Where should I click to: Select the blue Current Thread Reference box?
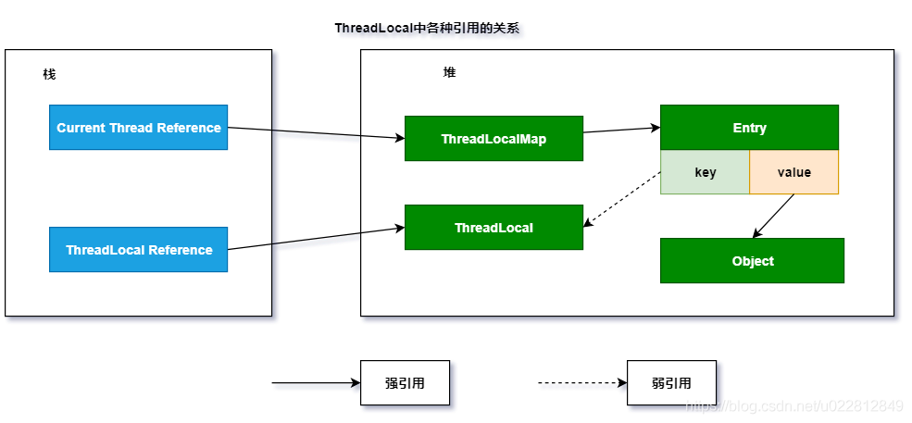(x=138, y=128)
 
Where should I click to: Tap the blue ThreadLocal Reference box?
(x=138, y=250)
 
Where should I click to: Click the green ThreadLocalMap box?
(x=493, y=139)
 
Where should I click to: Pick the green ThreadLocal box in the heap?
(x=493, y=228)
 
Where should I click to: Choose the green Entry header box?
(x=749, y=128)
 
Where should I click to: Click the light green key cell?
(x=705, y=172)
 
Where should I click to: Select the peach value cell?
(x=793, y=172)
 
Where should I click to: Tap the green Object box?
(x=752, y=261)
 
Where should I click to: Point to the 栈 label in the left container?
(x=49, y=74)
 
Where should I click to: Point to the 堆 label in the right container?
(x=449, y=72)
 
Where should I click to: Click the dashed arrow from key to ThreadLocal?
(x=622, y=199)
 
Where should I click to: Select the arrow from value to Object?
(x=774, y=216)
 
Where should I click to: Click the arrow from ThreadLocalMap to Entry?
(x=621, y=130)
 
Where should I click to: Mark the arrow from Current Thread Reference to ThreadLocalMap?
(x=316, y=133)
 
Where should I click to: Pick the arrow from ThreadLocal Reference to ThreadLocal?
(x=316, y=238)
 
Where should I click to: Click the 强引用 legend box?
(x=405, y=383)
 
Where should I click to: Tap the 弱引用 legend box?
(x=671, y=383)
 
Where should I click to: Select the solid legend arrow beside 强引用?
(x=315, y=383)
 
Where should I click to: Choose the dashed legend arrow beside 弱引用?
(x=581, y=383)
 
